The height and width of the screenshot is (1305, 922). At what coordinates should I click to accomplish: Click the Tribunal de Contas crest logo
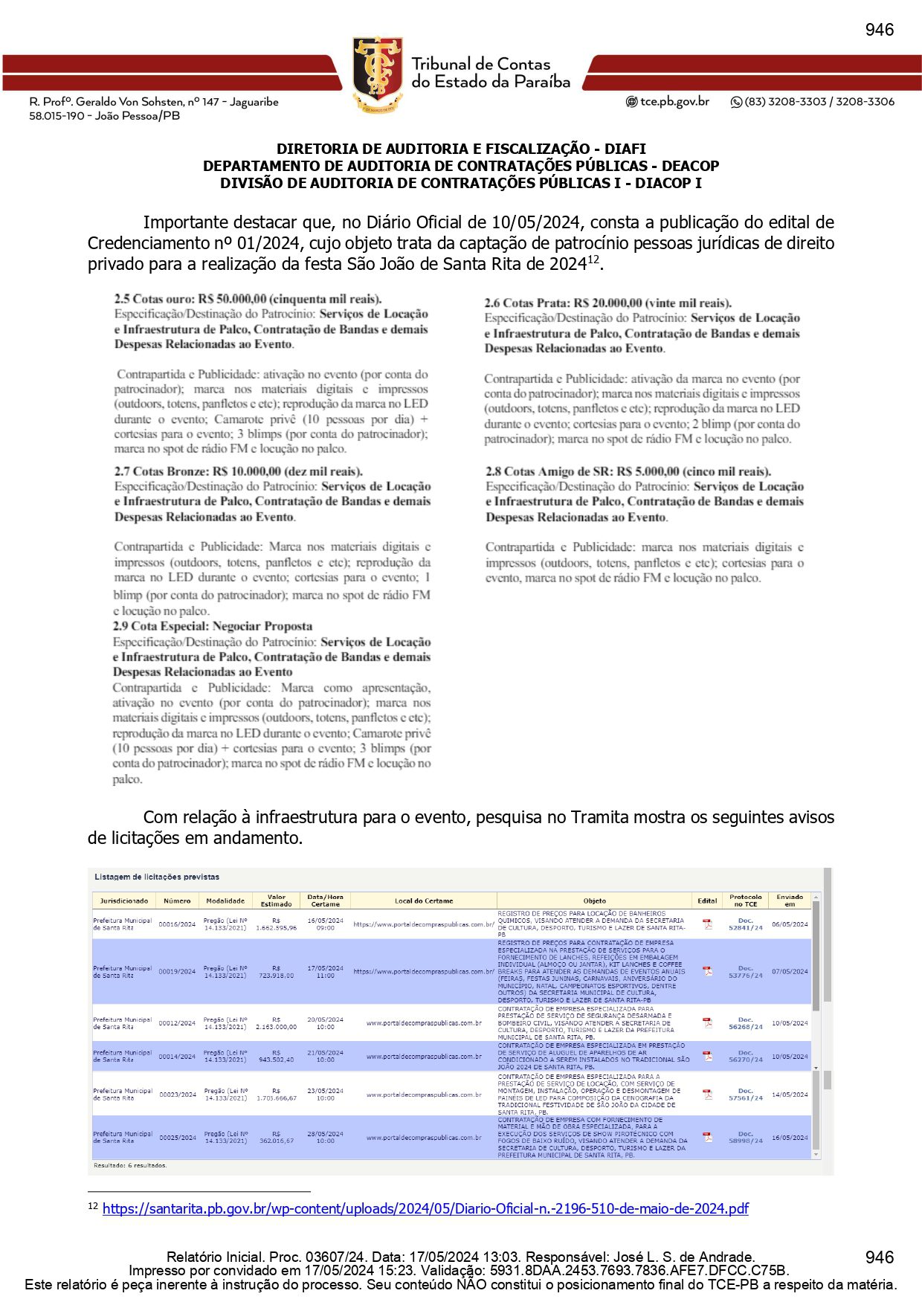click(378, 74)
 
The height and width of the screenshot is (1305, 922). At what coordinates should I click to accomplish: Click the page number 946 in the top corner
click(879, 30)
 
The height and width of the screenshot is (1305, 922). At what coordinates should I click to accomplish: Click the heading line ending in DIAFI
click(461, 149)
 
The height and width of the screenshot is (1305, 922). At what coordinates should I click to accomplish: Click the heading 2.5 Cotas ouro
click(248, 299)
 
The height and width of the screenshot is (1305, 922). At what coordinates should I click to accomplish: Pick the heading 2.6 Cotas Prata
click(607, 303)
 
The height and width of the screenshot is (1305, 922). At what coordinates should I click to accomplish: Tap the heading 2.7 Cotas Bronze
click(238, 471)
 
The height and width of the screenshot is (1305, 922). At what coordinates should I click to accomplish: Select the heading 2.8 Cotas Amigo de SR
click(628, 471)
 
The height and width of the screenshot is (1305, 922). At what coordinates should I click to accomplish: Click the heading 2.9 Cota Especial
click(213, 626)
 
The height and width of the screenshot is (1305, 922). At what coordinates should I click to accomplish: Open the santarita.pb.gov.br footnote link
click(425, 1208)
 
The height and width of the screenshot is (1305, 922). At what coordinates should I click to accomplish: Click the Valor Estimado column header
click(276, 900)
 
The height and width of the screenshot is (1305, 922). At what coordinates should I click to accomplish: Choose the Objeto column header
click(594, 900)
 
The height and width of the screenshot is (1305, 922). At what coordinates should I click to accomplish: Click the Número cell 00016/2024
click(177, 924)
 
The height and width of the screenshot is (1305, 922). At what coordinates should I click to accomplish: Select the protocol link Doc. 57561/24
click(745, 1095)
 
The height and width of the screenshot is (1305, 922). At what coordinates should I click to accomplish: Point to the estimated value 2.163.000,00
click(276, 1027)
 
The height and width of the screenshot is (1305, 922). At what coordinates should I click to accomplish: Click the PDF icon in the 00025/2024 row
click(707, 1137)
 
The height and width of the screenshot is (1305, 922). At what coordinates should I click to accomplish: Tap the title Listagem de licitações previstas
click(157, 877)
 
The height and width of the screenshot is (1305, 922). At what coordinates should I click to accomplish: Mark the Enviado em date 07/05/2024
click(790, 971)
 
